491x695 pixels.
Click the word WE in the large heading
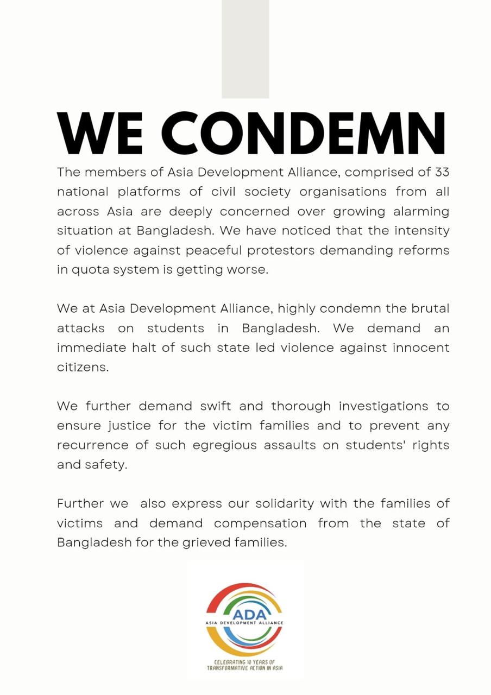(101, 134)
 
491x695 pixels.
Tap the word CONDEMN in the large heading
(304, 134)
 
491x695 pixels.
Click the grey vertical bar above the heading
(245, 49)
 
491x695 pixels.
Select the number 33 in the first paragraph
(442, 172)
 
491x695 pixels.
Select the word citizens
(83, 367)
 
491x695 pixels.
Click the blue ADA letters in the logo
(245, 614)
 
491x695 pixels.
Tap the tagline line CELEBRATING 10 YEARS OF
(245, 662)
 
